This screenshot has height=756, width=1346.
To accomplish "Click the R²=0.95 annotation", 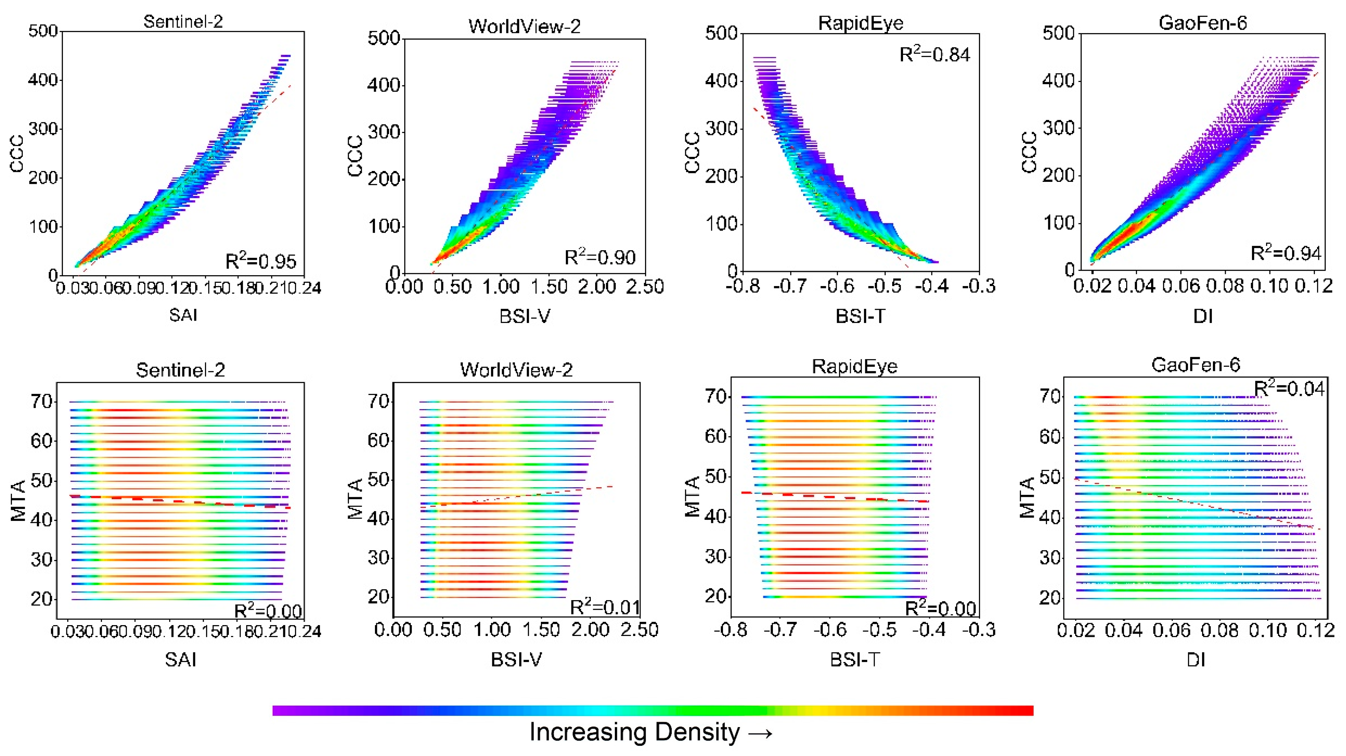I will [x=261, y=260].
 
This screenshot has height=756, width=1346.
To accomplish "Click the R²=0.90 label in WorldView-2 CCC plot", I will [x=600, y=257].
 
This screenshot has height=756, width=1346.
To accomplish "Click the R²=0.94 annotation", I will [x=1286, y=253].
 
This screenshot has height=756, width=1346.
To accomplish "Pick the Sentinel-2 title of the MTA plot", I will [x=180, y=370].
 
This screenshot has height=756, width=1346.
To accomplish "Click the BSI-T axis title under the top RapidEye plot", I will [x=860, y=316].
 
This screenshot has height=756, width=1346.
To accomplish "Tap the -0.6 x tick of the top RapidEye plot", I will [x=837, y=286].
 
